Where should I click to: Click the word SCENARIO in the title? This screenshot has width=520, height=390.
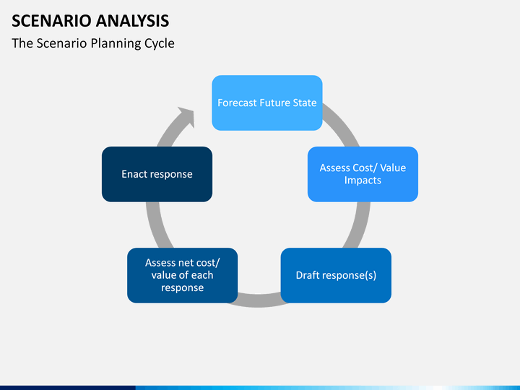[51, 21]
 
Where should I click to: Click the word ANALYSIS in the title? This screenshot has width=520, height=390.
[133, 21]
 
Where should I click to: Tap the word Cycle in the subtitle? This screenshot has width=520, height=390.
[160, 43]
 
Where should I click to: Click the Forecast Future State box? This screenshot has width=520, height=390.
[267, 103]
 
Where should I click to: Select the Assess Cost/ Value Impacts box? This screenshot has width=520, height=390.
[363, 174]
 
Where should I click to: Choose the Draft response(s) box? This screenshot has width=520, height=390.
[336, 275]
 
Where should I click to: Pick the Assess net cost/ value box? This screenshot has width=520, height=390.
[183, 275]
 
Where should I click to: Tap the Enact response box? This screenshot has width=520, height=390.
[157, 174]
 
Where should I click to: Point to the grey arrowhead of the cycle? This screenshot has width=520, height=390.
[186, 117]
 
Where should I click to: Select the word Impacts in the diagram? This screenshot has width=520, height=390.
[363, 181]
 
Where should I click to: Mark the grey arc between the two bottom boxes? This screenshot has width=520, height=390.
[259, 300]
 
